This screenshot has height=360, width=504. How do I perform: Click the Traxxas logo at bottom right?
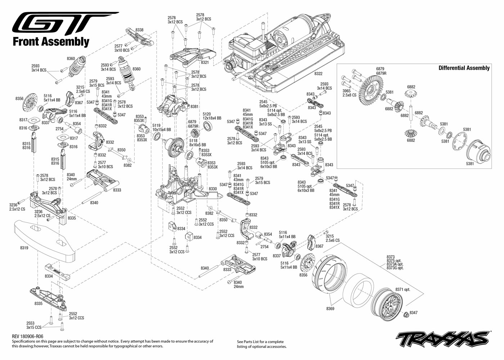click(443, 338)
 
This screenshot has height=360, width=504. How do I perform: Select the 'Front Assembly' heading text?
click(51, 42)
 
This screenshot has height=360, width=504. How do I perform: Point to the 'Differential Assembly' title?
click(464, 68)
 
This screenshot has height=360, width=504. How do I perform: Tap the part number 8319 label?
click(24, 248)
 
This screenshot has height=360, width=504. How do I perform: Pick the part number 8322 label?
click(318, 73)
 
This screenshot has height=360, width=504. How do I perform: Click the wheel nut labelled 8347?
click(406, 314)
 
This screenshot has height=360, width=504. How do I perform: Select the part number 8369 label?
click(330, 309)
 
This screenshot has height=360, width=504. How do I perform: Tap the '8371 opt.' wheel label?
click(403, 289)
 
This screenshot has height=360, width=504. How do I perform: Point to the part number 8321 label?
click(205, 62)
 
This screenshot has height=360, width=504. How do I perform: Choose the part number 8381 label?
click(195, 107)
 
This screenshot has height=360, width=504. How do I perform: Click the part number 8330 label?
click(213, 189)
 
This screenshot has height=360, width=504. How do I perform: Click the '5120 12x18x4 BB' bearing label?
click(212, 116)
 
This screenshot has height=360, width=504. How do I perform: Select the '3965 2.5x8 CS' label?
click(349, 93)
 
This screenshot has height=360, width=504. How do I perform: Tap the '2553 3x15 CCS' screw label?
click(34, 325)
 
